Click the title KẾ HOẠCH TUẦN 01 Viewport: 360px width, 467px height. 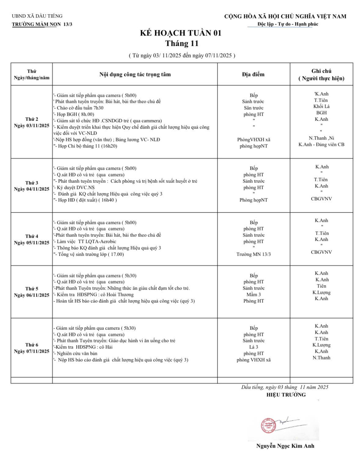pyautogui.click(x=181, y=33)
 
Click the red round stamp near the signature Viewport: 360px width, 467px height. pyautogui.click(x=268, y=426)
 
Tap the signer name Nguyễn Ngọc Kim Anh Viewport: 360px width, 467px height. pyautogui.click(x=285, y=446)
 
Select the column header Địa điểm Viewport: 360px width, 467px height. pyautogui.click(x=253, y=74)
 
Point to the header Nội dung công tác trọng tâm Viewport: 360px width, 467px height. pyautogui.click(x=135, y=74)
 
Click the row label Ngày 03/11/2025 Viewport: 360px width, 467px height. pyautogui.click(x=31, y=125)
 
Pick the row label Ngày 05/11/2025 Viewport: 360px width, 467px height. pyautogui.click(x=31, y=243)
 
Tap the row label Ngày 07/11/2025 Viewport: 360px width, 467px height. pyautogui.click(x=31, y=351)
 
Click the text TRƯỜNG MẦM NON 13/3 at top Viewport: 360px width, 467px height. pyautogui.click(x=42, y=24)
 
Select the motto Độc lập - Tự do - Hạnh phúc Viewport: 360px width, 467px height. pyautogui.click(x=288, y=24)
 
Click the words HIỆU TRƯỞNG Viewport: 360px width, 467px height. pyautogui.click(x=286, y=395)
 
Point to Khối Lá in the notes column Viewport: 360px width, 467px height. pyautogui.click(x=321, y=106)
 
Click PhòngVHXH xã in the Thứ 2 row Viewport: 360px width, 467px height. pyautogui.click(x=253, y=140)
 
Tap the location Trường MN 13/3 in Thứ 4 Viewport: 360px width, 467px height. pyautogui.click(x=253, y=254)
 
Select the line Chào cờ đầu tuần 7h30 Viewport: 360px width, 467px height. pyautogui.click(x=80, y=108)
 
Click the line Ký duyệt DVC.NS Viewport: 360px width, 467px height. pyautogui.click(x=75, y=187)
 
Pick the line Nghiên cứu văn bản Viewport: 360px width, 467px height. pyautogui.click(x=77, y=353)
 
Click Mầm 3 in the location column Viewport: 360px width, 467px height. pyautogui.click(x=253, y=295)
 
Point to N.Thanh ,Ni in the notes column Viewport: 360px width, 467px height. pyautogui.click(x=321, y=138)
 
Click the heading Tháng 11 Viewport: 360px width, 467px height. pyautogui.click(x=182, y=44)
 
